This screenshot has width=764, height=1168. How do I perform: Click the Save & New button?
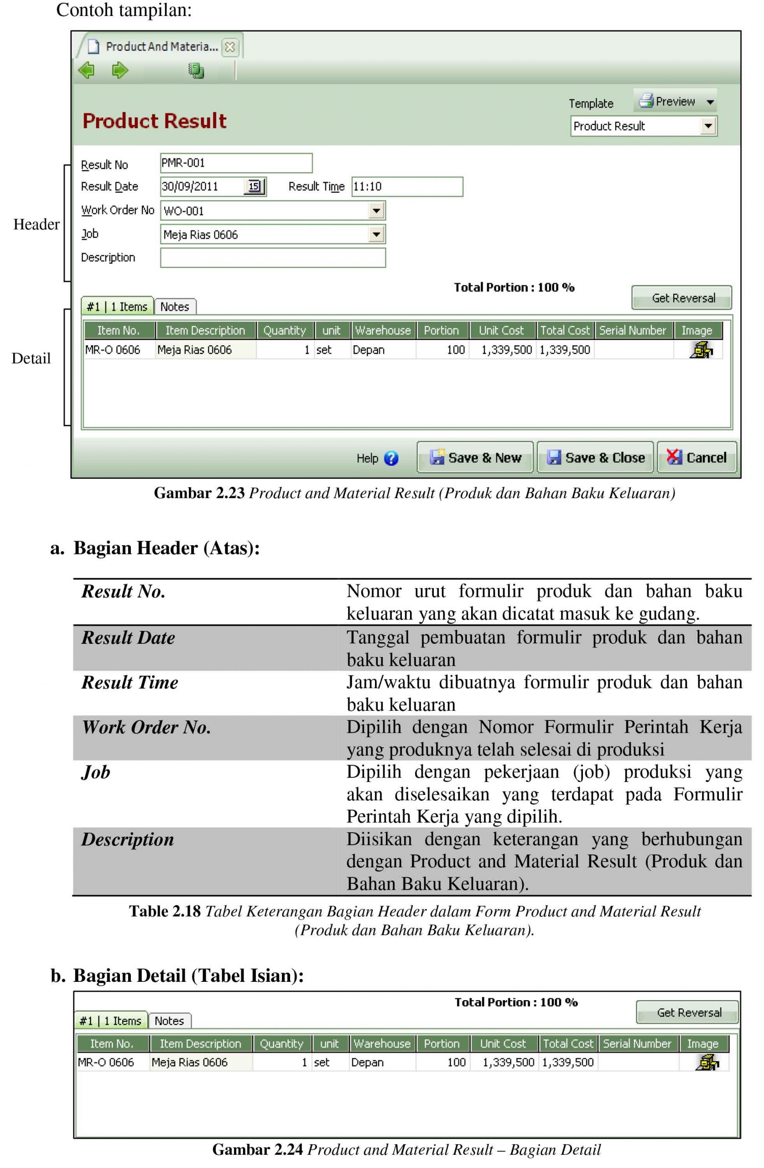474,457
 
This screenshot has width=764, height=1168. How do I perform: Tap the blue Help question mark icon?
391,459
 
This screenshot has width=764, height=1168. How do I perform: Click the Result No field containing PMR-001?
235,163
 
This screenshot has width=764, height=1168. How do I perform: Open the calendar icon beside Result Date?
254,187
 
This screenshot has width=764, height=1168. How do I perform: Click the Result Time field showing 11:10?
407,187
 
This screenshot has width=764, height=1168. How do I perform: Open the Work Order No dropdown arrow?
376,210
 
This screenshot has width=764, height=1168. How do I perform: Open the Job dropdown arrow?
376,234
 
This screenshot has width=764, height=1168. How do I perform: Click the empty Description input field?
273,258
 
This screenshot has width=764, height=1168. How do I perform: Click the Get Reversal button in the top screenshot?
681,298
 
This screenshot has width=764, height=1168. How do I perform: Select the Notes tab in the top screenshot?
175,307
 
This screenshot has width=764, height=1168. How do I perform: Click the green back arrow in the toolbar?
87,70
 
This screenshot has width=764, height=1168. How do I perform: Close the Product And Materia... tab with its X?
229,47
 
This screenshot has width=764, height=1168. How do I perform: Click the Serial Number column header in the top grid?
633,330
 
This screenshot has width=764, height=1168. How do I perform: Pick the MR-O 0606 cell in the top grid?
113,350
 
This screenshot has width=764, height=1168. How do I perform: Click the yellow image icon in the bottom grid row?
707,1063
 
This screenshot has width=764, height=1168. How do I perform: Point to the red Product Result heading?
154,121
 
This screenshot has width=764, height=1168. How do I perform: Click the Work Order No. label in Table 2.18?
146,727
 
